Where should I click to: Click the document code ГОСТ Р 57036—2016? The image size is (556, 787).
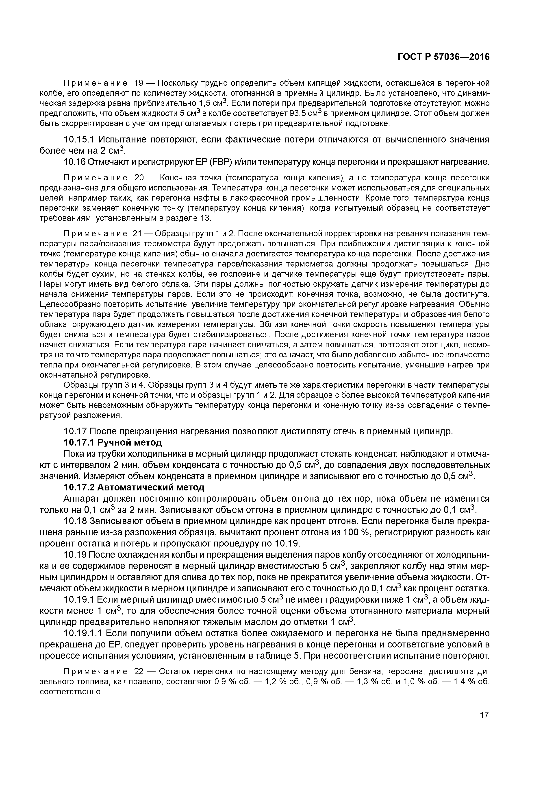coord(444,57)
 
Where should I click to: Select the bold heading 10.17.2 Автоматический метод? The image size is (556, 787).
coord(134,487)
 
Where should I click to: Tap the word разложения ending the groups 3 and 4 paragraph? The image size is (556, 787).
coord(102,415)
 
